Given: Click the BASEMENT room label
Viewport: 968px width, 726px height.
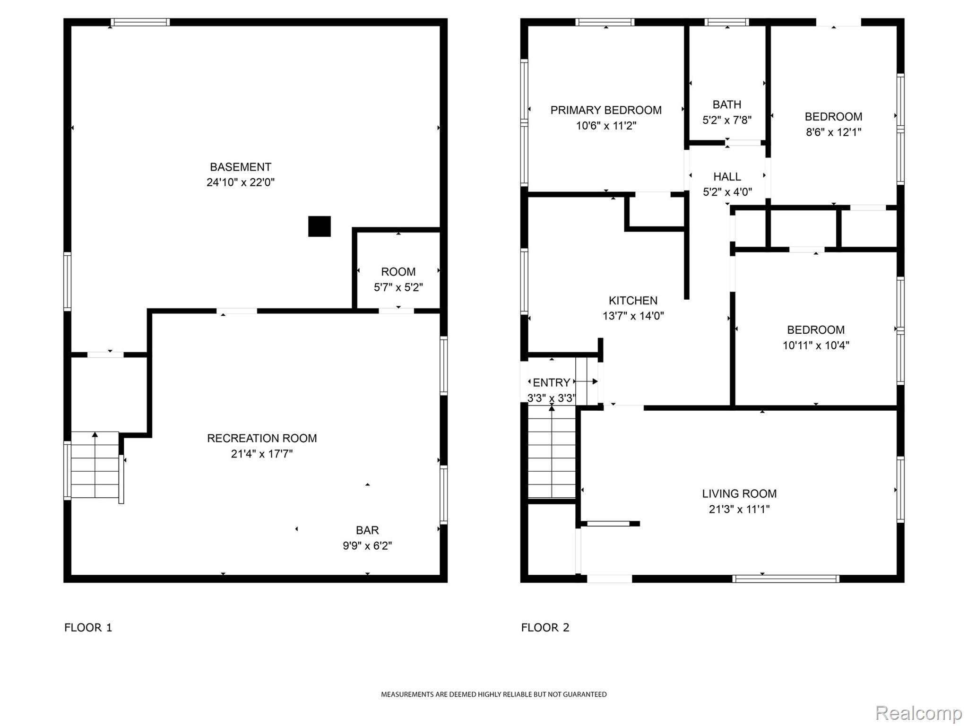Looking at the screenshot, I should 240,167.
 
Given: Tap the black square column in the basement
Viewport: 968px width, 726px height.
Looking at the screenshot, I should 319,226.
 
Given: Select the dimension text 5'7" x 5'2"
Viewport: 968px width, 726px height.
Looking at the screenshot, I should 398,287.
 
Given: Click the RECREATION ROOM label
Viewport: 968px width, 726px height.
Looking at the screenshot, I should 262,438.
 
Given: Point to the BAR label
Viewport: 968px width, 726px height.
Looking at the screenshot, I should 367,530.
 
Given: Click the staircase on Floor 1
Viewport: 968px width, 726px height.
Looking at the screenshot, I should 95,465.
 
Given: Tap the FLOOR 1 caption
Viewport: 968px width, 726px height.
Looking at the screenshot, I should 88,628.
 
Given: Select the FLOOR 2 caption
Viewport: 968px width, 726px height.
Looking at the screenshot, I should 545,628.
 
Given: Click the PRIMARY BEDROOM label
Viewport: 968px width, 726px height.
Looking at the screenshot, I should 606,110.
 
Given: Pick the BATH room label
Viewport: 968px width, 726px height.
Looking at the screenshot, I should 726,104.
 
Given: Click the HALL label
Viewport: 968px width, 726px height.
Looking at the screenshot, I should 727,177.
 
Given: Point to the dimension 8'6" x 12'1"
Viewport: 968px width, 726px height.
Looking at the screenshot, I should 833,132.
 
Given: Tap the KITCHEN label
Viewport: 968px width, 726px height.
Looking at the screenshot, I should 633,301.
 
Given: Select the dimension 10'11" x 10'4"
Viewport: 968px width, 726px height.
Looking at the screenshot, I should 815,346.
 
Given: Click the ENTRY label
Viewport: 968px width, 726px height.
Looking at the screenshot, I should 551,382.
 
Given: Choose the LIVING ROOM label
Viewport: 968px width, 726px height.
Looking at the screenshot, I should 739,494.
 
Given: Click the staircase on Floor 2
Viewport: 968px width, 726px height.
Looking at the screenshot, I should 551,454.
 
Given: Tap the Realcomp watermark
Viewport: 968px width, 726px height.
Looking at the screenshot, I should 918,713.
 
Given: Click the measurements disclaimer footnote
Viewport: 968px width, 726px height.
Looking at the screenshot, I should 493,694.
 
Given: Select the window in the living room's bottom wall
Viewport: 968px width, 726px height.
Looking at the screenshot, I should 786,579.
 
